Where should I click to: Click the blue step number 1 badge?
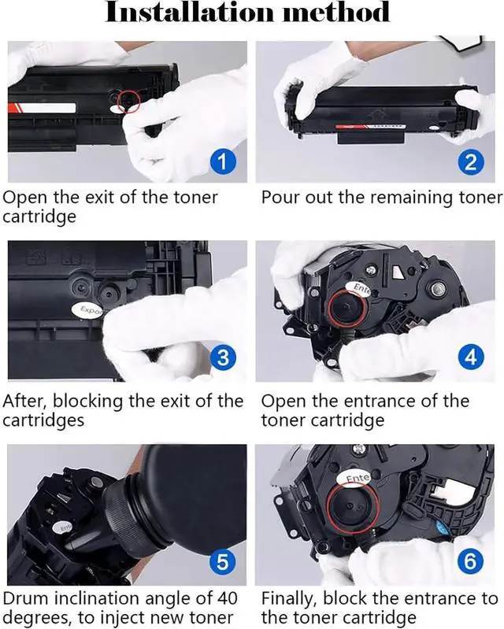click(222, 161)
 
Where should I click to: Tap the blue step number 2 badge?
click(470, 161)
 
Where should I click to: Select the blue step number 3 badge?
click(222, 357)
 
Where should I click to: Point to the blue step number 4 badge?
click(470, 357)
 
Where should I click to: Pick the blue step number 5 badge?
click(222, 561)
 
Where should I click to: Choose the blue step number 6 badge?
click(470, 561)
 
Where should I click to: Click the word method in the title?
click(336, 12)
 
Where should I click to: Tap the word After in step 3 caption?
click(25, 401)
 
